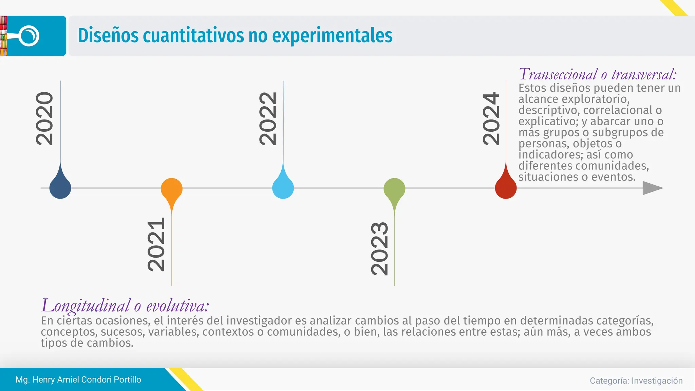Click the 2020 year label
44,119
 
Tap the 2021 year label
156,244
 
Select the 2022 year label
268,119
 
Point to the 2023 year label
379,248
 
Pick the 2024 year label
491,119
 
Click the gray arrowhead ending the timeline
652,188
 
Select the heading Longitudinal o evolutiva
125,305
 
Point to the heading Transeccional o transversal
598,74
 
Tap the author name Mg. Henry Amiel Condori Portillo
78,379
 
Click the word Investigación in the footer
657,381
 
